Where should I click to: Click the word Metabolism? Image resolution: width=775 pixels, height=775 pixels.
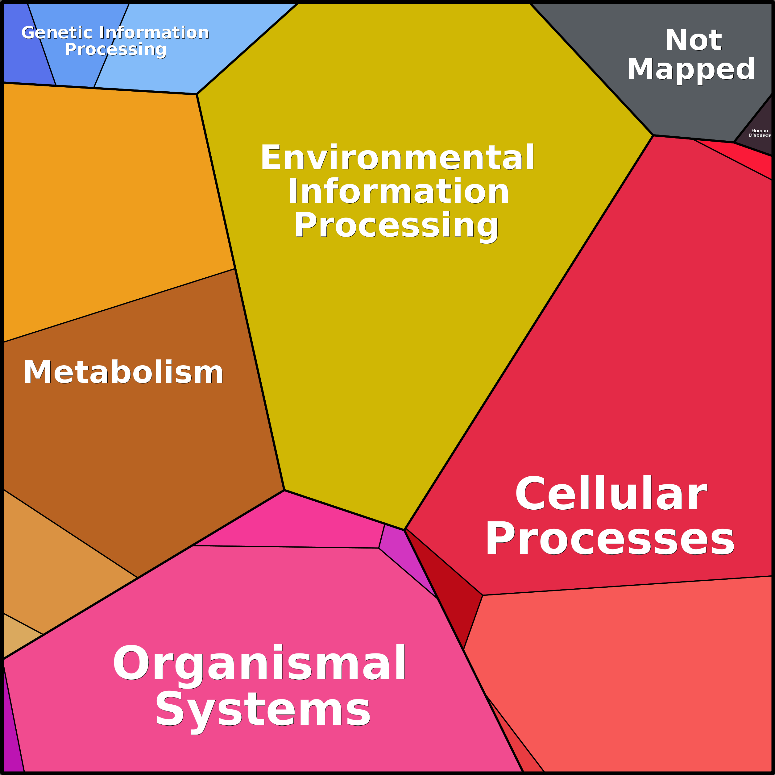[123, 372]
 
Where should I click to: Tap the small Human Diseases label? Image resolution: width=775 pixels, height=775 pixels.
[759, 133]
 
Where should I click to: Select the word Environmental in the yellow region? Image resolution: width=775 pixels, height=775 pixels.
[397, 157]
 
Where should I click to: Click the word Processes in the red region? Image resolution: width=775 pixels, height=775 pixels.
[610, 538]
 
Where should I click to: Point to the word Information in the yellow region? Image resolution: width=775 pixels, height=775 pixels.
[398, 191]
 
